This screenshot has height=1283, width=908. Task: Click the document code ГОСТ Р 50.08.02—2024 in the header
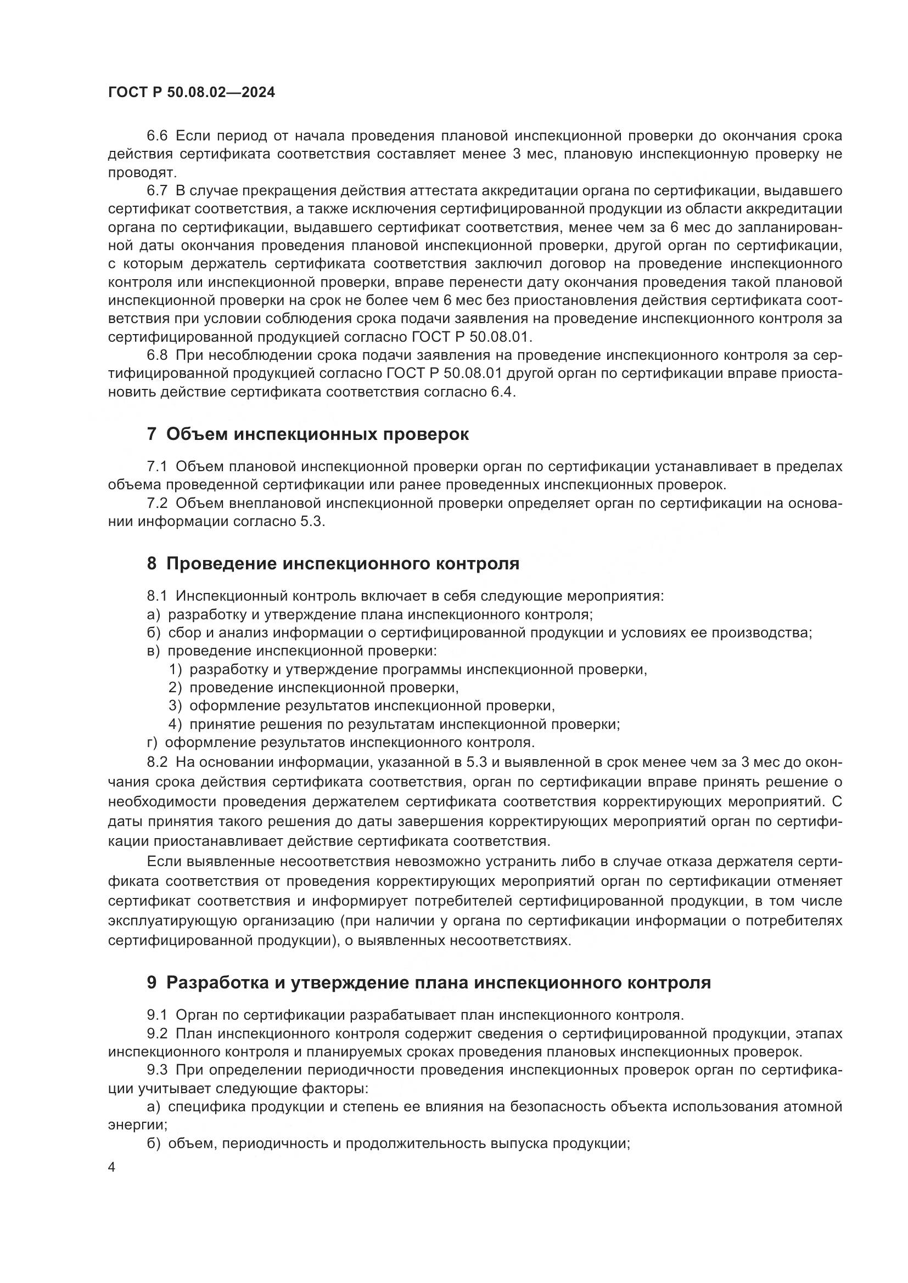[191, 93]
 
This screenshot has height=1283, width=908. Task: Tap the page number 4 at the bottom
[112, 1167]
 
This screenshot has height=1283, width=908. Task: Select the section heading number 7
[152, 434]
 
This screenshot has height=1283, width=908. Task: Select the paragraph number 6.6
[157, 136]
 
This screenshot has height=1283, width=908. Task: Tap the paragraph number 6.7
[157, 190]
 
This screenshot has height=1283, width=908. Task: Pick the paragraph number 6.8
[157, 355]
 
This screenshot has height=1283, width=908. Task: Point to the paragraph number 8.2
[157, 762]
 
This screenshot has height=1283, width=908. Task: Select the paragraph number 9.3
[157, 1070]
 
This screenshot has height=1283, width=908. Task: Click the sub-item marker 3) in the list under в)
[176, 706]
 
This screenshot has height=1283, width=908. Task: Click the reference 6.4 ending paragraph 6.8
[502, 392]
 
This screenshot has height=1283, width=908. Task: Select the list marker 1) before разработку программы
[176, 669]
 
